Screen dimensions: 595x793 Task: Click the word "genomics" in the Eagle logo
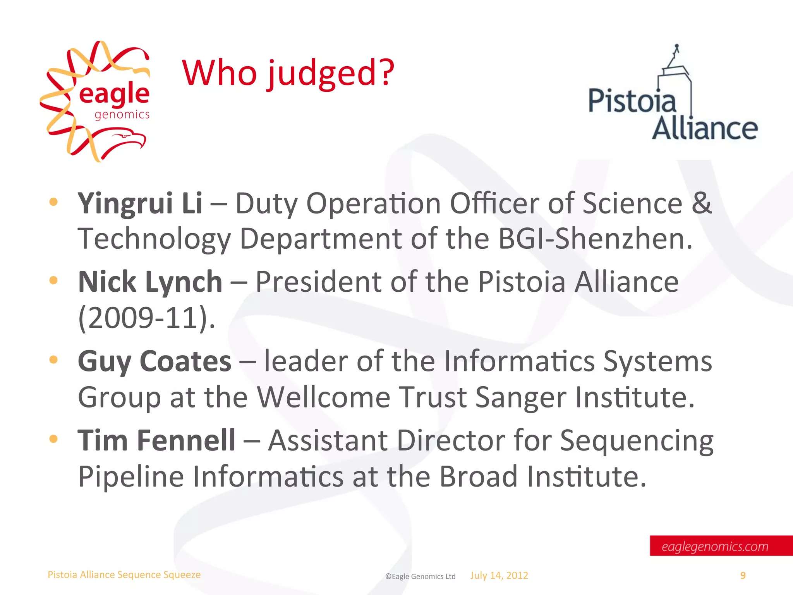coord(122,115)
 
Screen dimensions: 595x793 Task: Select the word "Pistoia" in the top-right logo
coord(632,101)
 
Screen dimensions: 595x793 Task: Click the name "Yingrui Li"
coord(140,203)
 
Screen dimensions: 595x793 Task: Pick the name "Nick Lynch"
coord(150,282)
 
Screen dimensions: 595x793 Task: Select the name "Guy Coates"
coord(154,361)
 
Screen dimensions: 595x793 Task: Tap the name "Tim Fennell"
coord(156,440)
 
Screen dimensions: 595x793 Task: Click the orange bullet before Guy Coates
coord(53,359)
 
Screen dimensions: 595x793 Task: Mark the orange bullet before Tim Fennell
coord(53,439)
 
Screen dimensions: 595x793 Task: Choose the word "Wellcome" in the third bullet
coord(324,397)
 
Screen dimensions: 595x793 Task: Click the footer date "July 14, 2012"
coord(499,576)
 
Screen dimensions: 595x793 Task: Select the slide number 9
coord(743,576)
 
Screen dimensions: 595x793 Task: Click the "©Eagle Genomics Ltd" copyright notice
coord(420,576)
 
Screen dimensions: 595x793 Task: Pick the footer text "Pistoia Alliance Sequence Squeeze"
coord(124,575)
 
